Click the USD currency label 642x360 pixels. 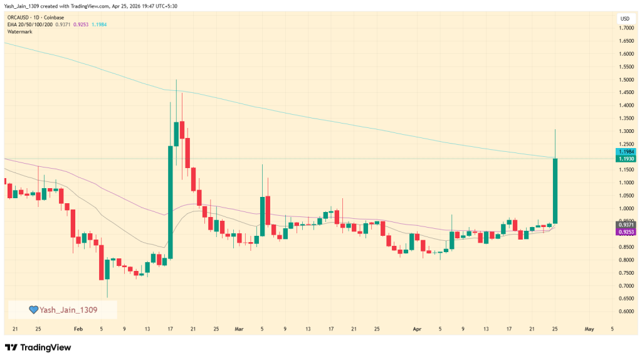624,18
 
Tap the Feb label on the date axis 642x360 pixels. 78,328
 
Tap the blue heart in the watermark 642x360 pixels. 34,310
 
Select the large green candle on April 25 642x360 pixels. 555,191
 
